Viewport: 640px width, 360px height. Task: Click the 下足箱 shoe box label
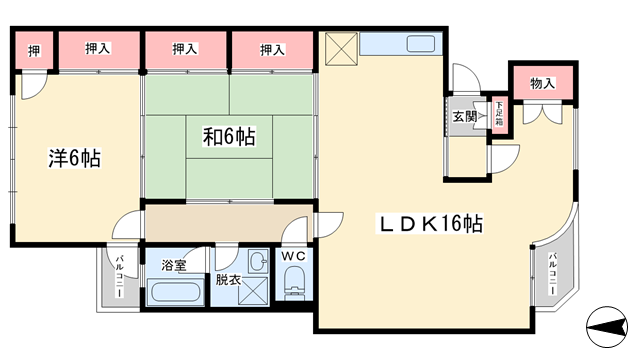point(498,113)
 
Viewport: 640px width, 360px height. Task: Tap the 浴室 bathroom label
point(174,265)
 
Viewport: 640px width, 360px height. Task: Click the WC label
point(294,257)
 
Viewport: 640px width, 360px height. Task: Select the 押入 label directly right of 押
point(97,49)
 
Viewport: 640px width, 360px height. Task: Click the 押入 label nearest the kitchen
point(272,49)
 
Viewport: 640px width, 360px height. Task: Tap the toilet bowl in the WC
point(295,291)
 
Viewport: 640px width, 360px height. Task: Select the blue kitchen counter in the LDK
point(398,45)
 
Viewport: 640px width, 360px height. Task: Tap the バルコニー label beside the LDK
point(551,269)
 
